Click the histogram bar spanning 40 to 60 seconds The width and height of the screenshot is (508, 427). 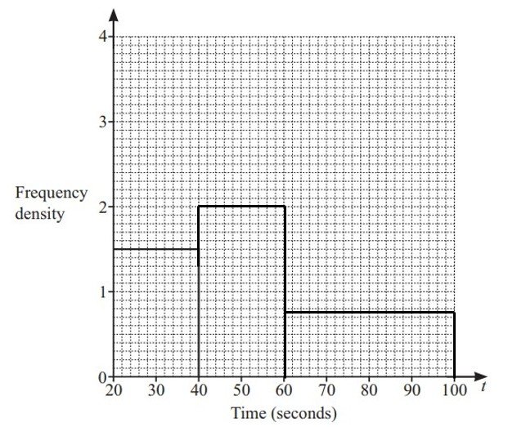click(x=241, y=291)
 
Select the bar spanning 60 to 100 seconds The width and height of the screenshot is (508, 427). click(x=369, y=345)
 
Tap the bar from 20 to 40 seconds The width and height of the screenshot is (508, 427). click(x=156, y=313)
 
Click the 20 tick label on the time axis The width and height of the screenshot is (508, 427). click(x=114, y=389)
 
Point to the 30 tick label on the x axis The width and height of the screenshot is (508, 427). click(x=156, y=389)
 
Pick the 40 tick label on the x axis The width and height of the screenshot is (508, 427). click(x=199, y=389)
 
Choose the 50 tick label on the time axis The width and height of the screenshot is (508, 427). click(x=241, y=389)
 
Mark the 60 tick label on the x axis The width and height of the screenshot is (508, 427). click(x=284, y=389)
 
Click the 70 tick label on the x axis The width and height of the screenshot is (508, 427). click(x=326, y=389)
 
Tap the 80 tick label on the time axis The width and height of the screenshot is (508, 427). click(x=369, y=389)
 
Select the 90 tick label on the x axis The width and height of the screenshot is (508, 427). click(x=411, y=389)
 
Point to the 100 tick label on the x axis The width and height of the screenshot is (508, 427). click(x=454, y=389)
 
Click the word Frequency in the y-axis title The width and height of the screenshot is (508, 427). click(x=52, y=193)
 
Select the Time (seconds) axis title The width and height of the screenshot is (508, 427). click(x=283, y=412)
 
